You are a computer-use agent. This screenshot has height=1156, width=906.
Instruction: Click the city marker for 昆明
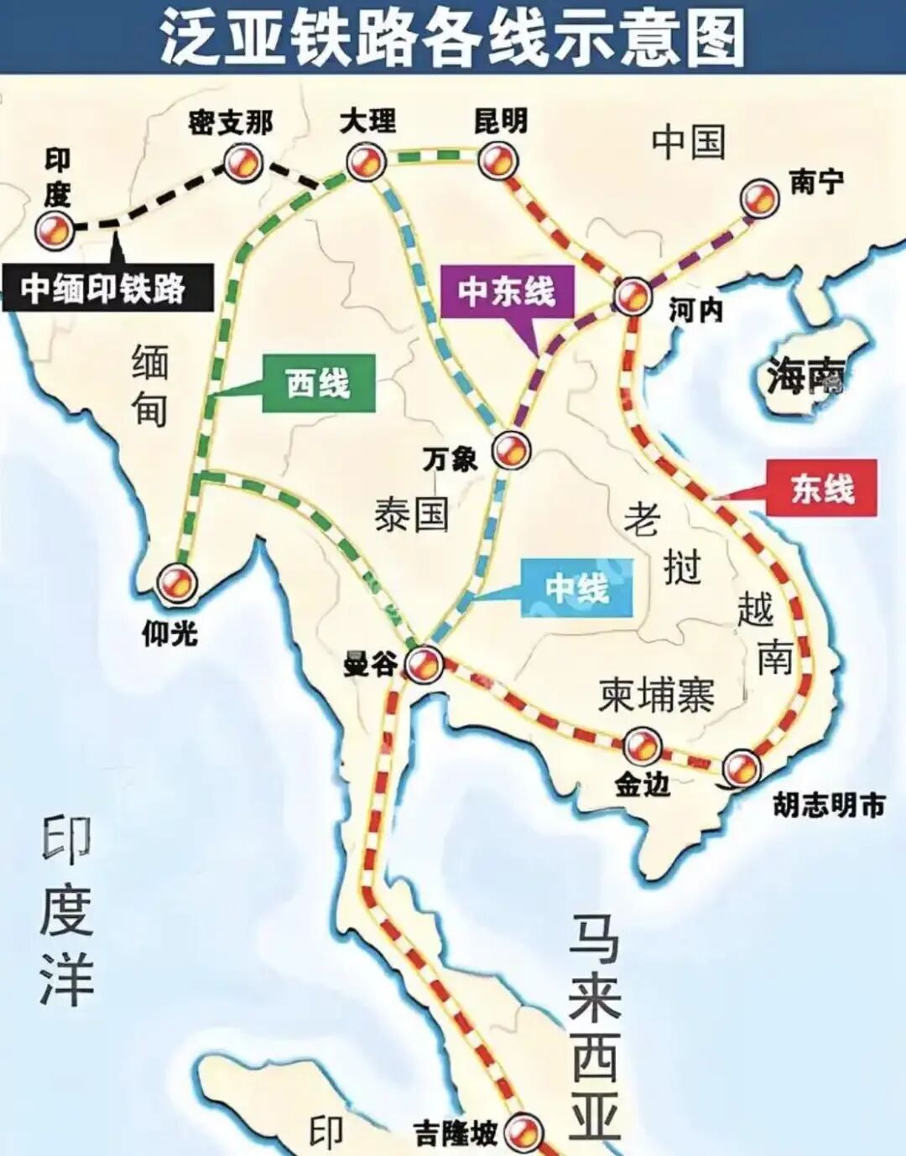tap(497, 160)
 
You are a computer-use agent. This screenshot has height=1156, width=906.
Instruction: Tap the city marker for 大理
tap(366, 161)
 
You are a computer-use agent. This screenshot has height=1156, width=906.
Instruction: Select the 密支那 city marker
tap(242, 162)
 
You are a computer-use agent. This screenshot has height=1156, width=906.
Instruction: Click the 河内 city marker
tap(633, 295)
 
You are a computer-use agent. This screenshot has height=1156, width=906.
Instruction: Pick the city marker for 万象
tap(510, 450)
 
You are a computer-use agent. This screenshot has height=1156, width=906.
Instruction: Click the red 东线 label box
tap(822, 488)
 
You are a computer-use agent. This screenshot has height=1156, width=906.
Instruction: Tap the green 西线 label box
tap(318, 384)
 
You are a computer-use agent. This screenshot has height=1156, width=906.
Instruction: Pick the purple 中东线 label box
tap(506, 291)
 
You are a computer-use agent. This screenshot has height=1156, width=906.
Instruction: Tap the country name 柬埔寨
tap(656, 695)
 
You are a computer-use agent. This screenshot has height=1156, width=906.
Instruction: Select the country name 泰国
tap(411, 513)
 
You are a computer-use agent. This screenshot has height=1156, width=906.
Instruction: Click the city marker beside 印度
tap(55, 228)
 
